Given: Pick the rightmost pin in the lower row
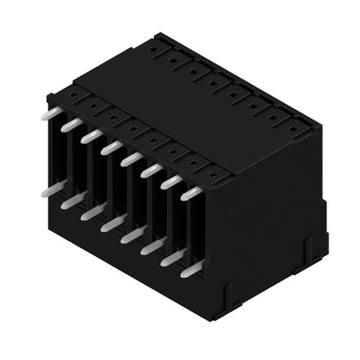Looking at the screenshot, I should pyautogui.click(x=190, y=269).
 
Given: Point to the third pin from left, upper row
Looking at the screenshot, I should pyautogui.click(x=90, y=136).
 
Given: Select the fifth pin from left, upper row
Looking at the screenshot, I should pyautogui.click(x=131, y=159).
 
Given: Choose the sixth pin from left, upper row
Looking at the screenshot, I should pyautogui.click(x=151, y=170).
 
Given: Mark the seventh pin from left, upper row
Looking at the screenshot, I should pyautogui.click(x=170, y=182).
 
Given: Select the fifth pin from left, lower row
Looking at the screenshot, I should pyautogui.click(x=132, y=235).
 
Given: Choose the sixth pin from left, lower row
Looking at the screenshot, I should pyautogui.click(x=151, y=246).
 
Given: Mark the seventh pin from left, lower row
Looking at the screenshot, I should pyautogui.click(x=171, y=257).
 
